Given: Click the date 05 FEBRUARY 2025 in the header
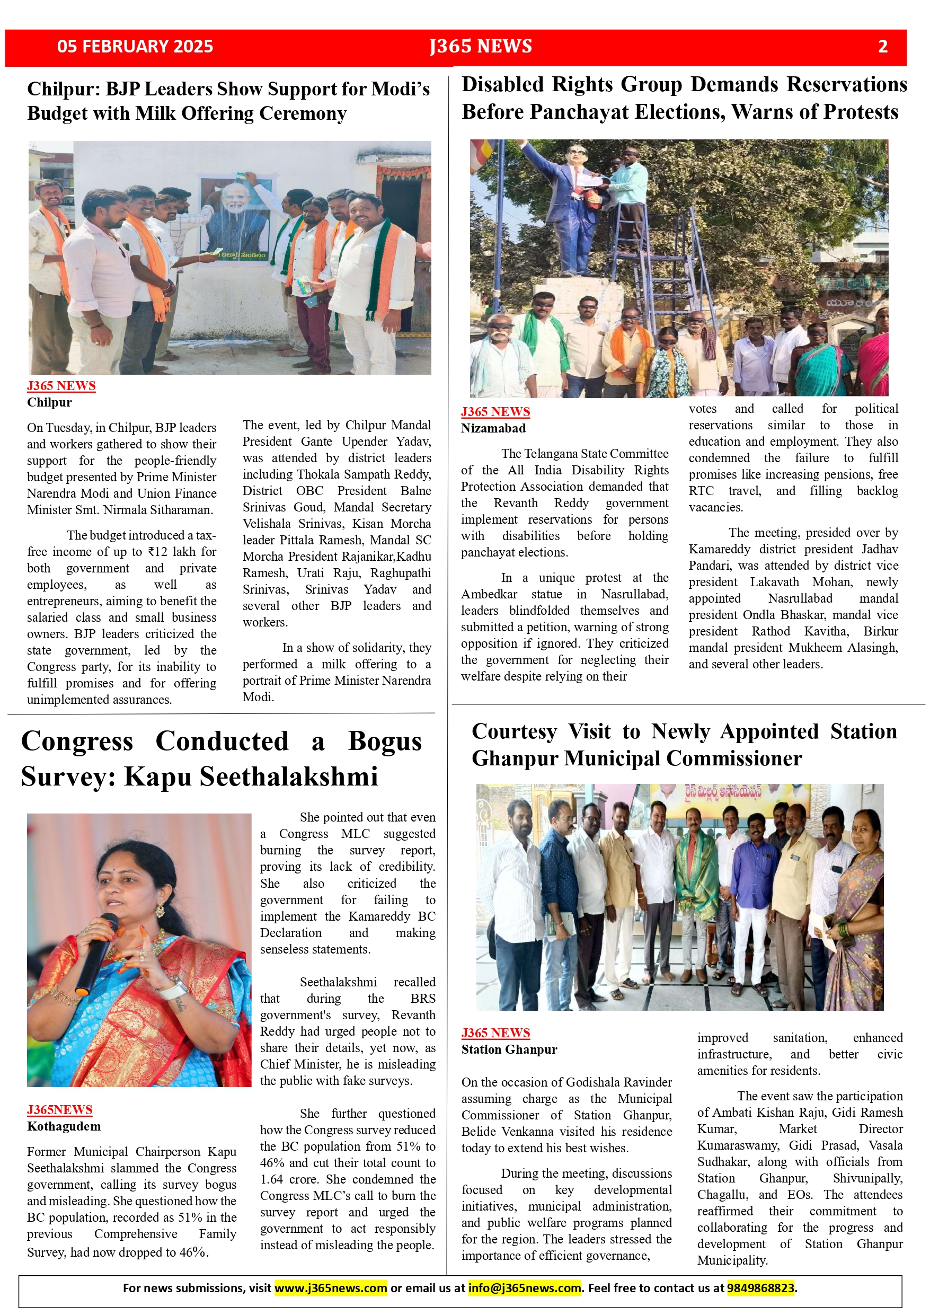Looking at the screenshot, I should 135,47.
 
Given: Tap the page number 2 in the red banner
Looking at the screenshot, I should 882,47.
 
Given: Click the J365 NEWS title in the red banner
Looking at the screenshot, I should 481,47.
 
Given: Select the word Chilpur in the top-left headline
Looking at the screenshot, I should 63,90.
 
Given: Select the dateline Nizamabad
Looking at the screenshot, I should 493,428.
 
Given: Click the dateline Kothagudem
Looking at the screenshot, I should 64,1126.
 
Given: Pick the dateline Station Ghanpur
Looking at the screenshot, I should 509,1049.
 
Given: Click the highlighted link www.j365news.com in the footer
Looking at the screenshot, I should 331,1288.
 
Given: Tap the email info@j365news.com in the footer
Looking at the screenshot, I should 524,1288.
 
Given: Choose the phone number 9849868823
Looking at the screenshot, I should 760,1288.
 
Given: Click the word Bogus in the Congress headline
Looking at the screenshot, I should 385,742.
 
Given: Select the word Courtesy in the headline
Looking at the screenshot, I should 513,732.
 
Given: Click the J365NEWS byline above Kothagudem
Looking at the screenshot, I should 59,1109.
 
